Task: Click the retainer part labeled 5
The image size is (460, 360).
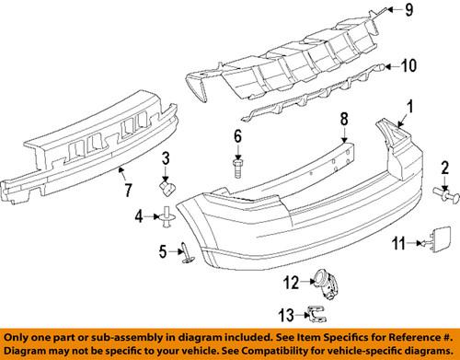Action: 182,250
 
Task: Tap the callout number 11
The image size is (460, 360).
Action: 397,243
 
